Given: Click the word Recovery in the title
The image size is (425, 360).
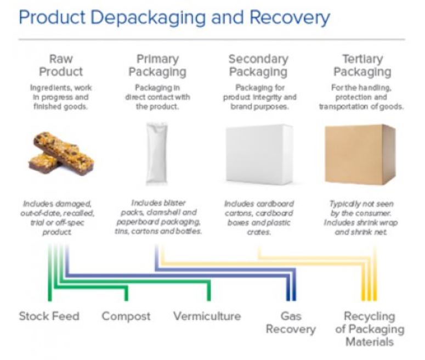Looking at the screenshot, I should (x=289, y=18).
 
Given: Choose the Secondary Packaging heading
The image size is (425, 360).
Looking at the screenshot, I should (x=258, y=65).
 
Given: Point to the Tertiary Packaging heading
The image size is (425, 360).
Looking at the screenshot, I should (x=362, y=65).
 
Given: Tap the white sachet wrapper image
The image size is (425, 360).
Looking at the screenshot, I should (x=157, y=154).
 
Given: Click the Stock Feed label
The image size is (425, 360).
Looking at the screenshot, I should (x=49, y=317).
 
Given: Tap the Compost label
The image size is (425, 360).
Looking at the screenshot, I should (x=126, y=317).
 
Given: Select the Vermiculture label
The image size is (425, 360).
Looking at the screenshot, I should (x=207, y=317).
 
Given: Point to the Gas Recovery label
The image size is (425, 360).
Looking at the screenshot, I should (x=291, y=323).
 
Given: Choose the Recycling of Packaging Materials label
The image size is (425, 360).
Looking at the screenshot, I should (x=369, y=329).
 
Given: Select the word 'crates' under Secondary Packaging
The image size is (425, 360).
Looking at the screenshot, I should (x=258, y=232).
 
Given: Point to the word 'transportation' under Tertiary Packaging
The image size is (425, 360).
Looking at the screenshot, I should (x=341, y=106).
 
